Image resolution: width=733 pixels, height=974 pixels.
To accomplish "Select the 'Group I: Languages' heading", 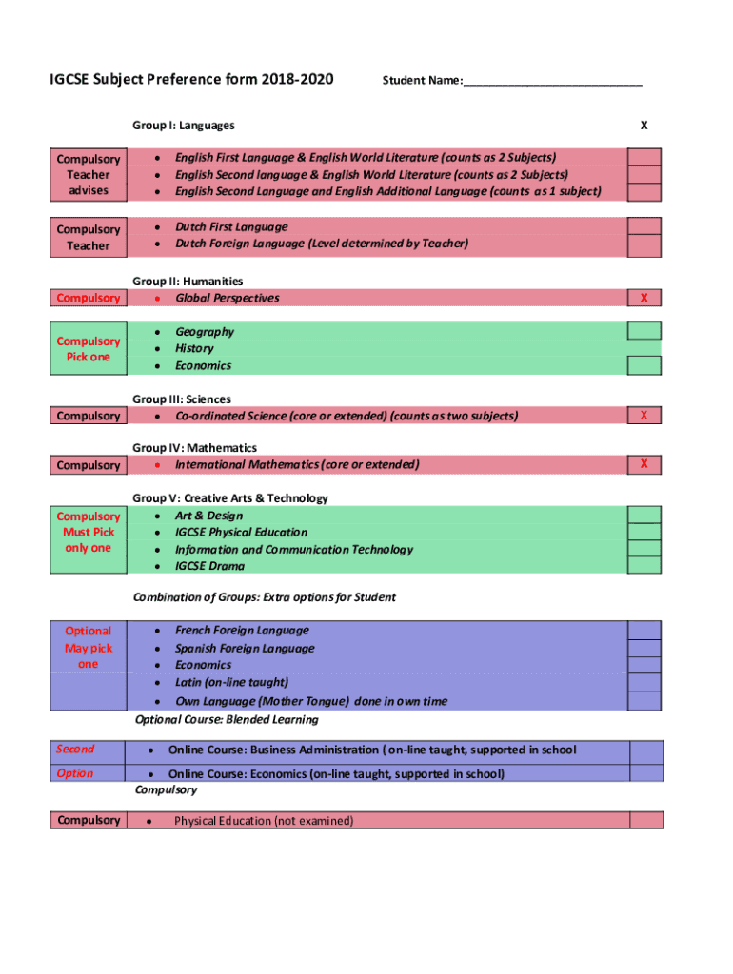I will [x=184, y=126].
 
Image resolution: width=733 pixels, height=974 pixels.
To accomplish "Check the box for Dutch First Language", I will [x=644, y=226].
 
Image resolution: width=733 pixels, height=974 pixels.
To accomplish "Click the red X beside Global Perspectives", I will [x=644, y=298].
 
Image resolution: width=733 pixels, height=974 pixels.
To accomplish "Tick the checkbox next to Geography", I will [x=644, y=331].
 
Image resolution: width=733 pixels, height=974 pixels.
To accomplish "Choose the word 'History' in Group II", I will [x=194, y=348].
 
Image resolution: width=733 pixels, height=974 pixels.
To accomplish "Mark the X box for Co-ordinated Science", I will [x=644, y=416].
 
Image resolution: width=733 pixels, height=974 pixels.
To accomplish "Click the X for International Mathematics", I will [x=644, y=464].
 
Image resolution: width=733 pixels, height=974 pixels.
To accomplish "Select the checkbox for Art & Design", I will [x=644, y=516].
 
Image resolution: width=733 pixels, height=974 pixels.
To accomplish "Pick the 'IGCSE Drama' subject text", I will [x=209, y=566].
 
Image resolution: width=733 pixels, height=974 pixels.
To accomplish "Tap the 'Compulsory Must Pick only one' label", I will [x=88, y=533].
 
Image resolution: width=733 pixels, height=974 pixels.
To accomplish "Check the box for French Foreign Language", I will [x=644, y=630].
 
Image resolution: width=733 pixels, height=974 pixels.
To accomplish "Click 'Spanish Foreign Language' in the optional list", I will [x=245, y=648].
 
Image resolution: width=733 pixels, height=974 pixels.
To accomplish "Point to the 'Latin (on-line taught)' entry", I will [x=231, y=682].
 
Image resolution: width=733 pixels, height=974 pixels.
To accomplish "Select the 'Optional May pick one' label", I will [x=88, y=648].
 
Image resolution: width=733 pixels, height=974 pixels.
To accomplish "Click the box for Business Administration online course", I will [x=646, y=750].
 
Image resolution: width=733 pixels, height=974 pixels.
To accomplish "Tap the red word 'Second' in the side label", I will [x=75, y=750].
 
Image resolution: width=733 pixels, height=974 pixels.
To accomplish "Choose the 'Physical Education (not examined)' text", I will [x=264, y=821].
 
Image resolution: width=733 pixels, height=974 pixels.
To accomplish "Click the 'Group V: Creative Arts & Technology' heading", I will [x=230, y=498].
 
